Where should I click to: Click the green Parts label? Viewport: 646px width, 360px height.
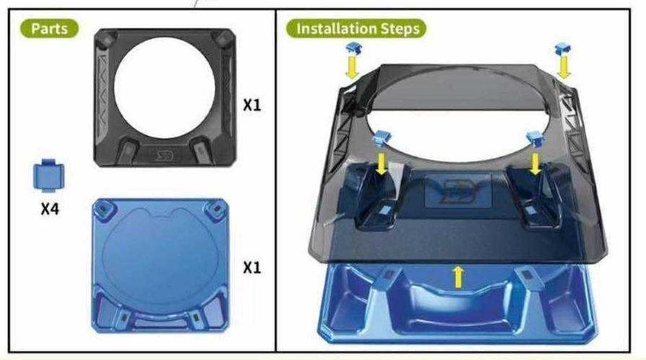point(49,28)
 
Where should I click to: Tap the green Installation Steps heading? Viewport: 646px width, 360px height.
point(357,28)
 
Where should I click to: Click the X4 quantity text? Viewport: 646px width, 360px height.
point(50,209)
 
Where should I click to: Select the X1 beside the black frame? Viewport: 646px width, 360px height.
point(251,105)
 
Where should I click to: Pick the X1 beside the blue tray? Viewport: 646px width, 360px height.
point(251,267)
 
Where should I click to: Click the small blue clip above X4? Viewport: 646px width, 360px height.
point(48,176)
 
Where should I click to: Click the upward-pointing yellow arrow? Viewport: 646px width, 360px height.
point(457,277)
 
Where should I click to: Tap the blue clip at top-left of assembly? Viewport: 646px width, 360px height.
point(353,48)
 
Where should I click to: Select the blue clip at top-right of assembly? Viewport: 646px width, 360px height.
point(563,49)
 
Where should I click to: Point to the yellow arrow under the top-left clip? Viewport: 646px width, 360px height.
point(352,67)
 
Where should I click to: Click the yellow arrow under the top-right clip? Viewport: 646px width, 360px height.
point(564,68)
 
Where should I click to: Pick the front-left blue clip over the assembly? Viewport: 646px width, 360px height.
point(381,138)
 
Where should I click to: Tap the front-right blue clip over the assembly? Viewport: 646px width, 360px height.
point(535,138)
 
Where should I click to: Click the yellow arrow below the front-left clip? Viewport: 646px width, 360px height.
point(382,163)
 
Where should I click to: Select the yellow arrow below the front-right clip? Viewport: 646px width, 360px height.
point(535,163)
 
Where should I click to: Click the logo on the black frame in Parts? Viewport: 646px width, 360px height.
point(164,155)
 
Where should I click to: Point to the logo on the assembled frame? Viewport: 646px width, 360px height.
point(457,191)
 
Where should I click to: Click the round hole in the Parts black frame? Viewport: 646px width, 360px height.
point(164,88)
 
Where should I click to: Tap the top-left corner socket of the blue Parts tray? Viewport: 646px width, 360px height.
point(105,210)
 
